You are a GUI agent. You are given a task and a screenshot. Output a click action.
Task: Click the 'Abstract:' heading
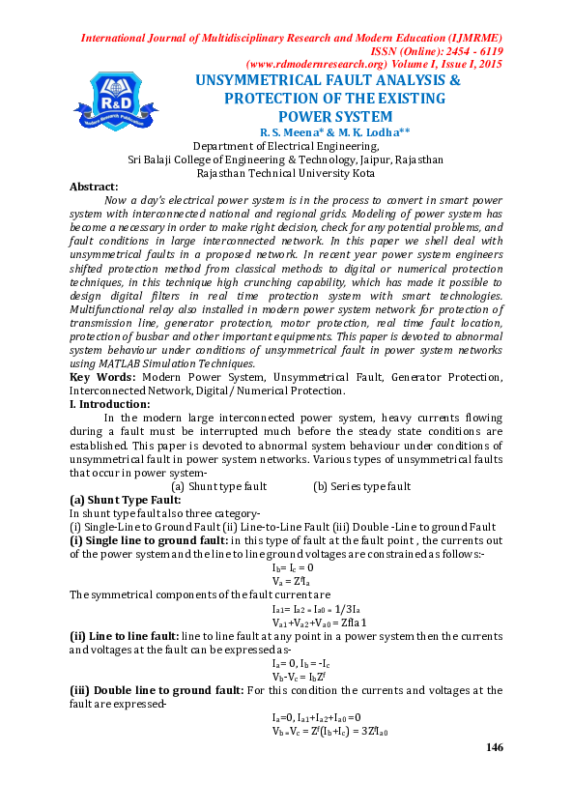94,187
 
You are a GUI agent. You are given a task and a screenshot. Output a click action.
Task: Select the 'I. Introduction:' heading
110,403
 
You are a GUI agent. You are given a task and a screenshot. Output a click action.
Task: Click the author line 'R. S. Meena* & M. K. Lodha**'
328,131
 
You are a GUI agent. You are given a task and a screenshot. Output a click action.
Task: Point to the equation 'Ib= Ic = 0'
299,567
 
